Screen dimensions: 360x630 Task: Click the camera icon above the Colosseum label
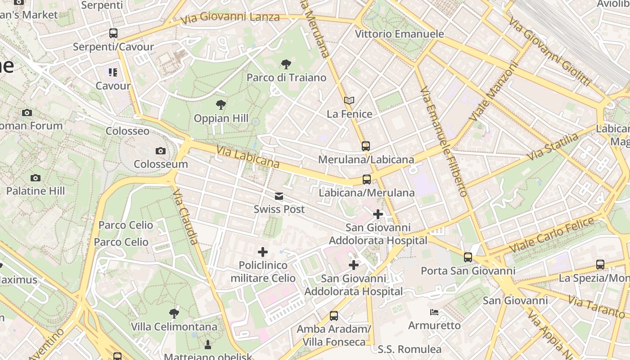(161, 151)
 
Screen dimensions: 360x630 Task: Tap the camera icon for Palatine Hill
(36, 178)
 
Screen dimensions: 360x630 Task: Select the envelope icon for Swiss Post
(279, 196)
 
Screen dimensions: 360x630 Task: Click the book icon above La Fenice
(349, 100)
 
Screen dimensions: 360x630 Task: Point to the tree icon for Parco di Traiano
(286, 64)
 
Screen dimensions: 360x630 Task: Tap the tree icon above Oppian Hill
(220, 105)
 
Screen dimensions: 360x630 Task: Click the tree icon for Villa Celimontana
(174, 313)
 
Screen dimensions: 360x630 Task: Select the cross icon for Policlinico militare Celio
(263, 252)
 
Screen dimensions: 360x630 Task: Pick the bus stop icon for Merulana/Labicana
(366, 146)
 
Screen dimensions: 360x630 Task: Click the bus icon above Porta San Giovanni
(468, 257)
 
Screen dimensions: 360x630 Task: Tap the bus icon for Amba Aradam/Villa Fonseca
(333, 315)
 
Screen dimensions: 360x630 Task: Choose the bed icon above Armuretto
(434, 312)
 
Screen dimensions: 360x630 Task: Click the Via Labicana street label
(248, 156)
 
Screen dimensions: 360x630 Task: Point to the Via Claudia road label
(185, 216)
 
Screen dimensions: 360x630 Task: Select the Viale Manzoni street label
(494, 92)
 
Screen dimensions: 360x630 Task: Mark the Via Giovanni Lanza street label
(230, 18)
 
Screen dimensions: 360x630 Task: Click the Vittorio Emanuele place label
(399, 34)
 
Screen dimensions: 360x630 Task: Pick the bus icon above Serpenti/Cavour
(113, 33)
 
